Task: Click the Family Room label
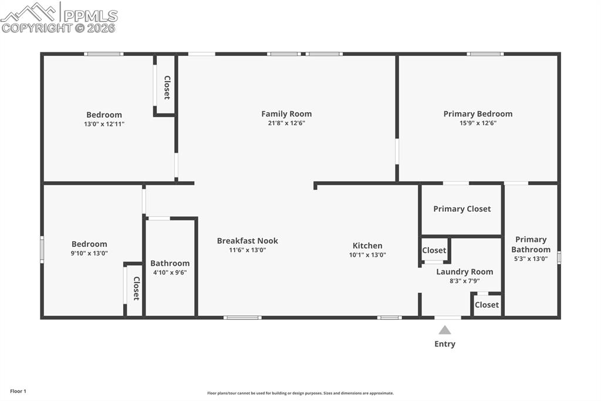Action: (x=286, y=114)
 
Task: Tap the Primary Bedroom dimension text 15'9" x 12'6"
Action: (x=478, y=123)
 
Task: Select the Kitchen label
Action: (x=367, y=246)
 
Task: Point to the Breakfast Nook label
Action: (x=247, y=240)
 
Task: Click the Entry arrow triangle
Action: (x=445, y=330)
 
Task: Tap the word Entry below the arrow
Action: (x=445, y=344)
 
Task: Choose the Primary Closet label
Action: (x=462, y=209)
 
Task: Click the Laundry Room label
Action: (x=464, y=272)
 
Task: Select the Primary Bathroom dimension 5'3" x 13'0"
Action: (x=531, y=259)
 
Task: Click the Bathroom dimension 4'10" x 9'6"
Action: (x=170, y=273)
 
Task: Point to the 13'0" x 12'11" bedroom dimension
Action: (x=104, y=124)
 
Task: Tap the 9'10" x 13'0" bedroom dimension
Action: (x=89, y=253)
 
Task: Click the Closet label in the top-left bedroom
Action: (x=167, y=87)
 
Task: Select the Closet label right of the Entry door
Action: (x=487, y=305)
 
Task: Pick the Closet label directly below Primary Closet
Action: (x=434, y=250)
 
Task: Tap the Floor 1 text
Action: (x=18, y=391)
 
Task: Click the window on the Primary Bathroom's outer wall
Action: (x=559, y=257)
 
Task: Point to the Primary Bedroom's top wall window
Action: (x=485, y=54)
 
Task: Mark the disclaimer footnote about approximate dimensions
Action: (x=300, y=393)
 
